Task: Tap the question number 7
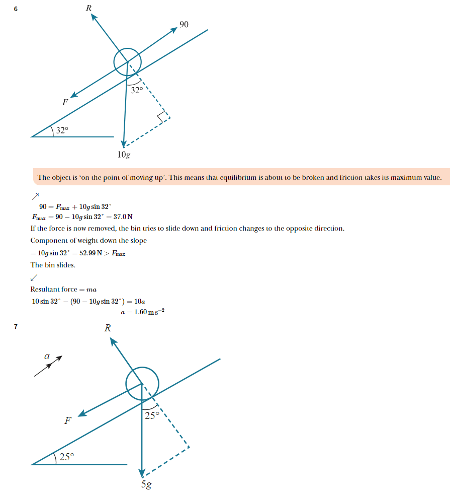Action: click(16, 327)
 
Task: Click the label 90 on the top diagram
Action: click(184, 24)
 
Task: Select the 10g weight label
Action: click(124, 155)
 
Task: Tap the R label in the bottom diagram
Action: click(107, 328)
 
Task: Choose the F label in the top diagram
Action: click(65, 103)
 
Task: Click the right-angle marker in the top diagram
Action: click(163, 117)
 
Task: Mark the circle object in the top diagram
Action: click(128, 62)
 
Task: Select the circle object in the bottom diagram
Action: click(142, 385)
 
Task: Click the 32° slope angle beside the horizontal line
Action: click(62, 130)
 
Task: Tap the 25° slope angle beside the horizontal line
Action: click(66, 457)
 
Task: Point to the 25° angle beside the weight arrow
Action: click(151, 416)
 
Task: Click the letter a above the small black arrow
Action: click(47, 356)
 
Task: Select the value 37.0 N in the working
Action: click(123, 217)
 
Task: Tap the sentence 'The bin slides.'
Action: click(53, 265)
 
